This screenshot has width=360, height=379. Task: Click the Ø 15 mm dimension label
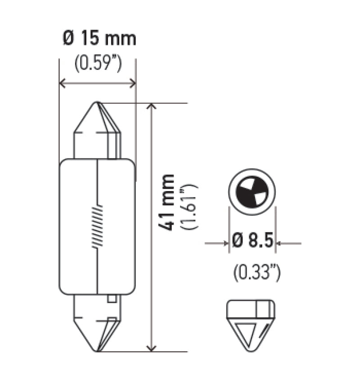(99, 39)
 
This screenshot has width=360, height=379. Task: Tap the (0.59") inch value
(98, 64)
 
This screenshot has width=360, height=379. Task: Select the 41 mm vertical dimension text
(167, 202)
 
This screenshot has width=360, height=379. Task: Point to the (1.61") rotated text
(188, 206)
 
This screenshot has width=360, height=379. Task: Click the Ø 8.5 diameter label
(253, 242)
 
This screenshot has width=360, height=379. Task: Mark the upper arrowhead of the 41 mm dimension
(153, 107)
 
